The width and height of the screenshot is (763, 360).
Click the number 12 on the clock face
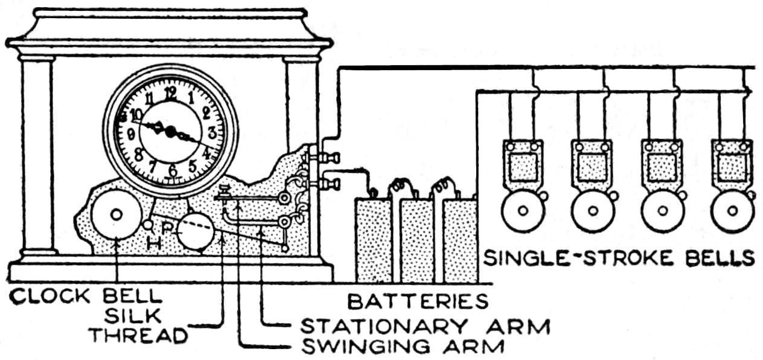pyautogui.click(x=171, y=92)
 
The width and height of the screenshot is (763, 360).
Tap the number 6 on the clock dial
pyautogui.click(x=173, y=171)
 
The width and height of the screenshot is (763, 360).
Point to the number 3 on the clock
pyautogui.click(x=212, y=133)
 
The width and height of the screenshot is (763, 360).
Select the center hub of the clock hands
pyautogui.click(x=171, y=130)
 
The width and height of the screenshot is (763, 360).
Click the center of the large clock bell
pyautogui.click(x=116, y=214)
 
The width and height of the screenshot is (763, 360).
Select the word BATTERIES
pyautogui.click(x=417, y=300)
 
